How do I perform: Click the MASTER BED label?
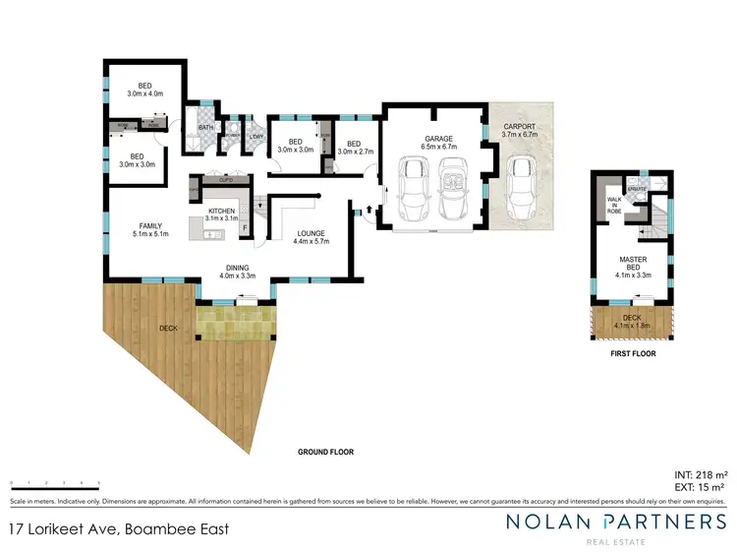pyautogui.click(x=632, y=261)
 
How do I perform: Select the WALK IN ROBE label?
pyautogui.click(x=616, y=204)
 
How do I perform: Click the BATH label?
pyautogui.click(x=204, y=127)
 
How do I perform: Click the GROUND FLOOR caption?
pyautogui.click(x=325, y=452)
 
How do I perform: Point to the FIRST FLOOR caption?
pyautogui.click(x=631, y=352)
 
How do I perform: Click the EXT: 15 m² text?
pyautogui.click(x=700, y=487)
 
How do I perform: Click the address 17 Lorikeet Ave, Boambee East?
pyautogui.click(x=118, y=528)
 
